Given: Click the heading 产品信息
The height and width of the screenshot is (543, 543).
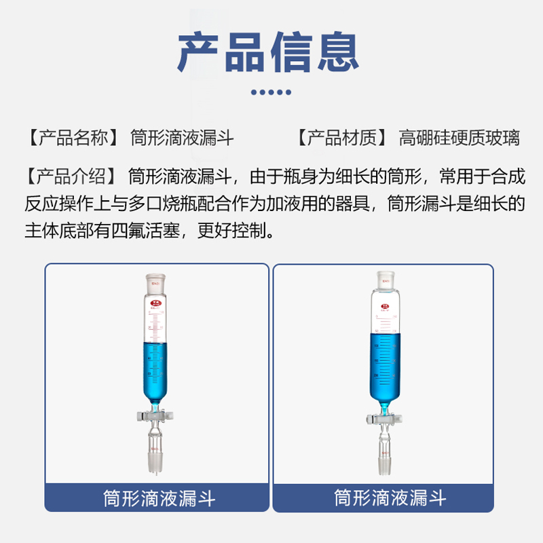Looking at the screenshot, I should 268,52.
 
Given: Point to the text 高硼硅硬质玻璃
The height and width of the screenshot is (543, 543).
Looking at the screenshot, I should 460,138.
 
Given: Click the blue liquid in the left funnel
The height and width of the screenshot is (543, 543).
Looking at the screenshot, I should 156,373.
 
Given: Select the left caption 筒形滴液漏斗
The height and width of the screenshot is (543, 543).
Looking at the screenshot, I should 159,499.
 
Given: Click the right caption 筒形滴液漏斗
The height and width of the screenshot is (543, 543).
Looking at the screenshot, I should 390,499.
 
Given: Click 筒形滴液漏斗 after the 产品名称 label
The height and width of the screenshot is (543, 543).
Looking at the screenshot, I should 182,138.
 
